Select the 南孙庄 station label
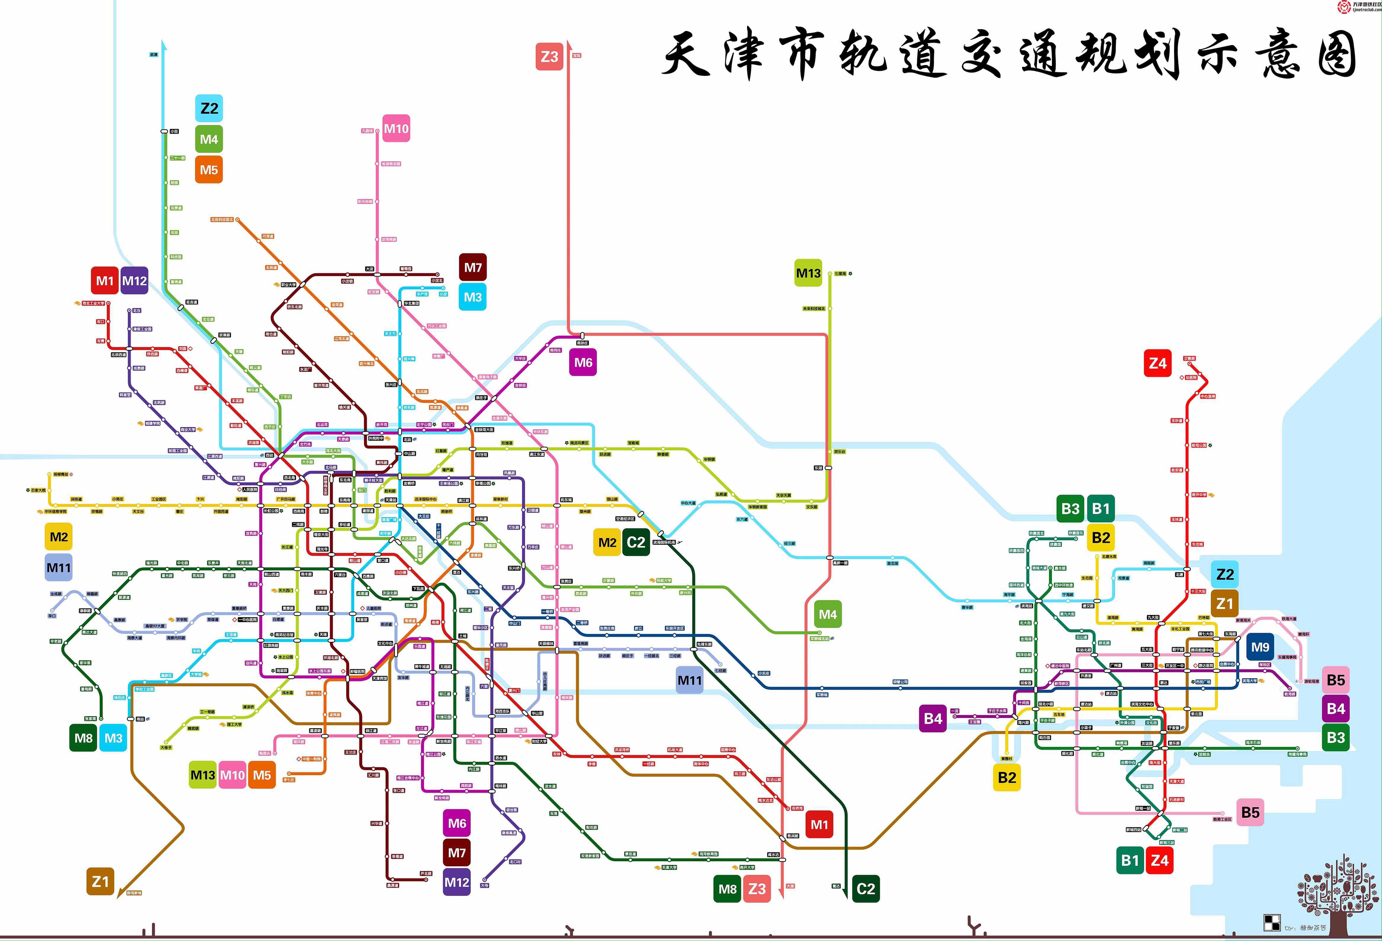pos(582,343)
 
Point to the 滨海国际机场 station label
pos(664,542)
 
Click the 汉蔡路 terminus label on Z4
pos(1189,359)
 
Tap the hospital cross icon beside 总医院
pos(1182,377)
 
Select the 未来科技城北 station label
pos(814,309)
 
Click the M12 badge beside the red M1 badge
pos(134,281)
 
